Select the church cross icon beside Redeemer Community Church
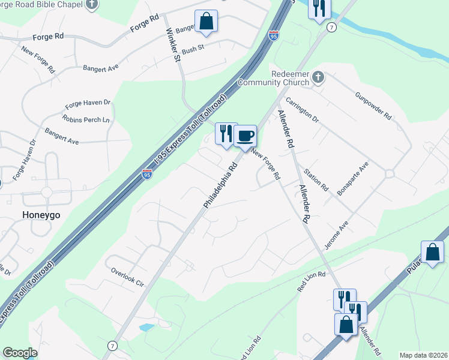318,77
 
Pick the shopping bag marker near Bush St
206,22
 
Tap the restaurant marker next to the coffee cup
226,134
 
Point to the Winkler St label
172,45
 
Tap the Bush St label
193,50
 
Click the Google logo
20,353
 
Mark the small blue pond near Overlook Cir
146,328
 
